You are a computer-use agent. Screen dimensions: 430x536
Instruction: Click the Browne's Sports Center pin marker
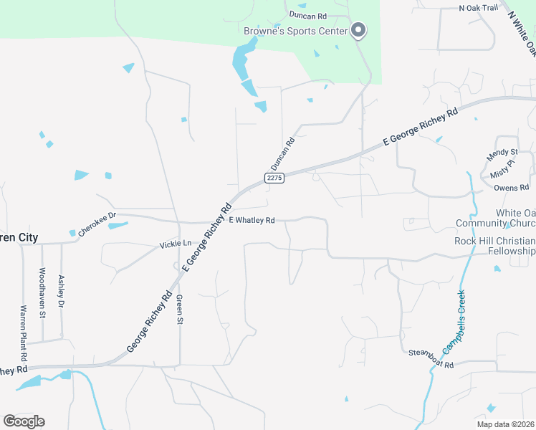[359, 30]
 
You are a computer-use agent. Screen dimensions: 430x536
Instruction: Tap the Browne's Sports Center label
[295, 31]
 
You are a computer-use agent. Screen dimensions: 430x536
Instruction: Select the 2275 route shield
[274, 178]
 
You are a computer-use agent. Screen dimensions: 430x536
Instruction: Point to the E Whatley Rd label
[252, 221]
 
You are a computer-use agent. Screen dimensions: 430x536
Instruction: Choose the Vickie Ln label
[176, 244]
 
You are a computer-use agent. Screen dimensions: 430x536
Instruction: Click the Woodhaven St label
[42, 292]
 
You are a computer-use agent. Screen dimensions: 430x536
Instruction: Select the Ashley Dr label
[62, 292]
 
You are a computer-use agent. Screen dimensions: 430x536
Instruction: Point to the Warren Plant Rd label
[23, 333]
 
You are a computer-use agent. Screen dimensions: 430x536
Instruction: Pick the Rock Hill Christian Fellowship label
[494, 246]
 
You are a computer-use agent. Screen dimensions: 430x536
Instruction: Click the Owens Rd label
[511, 188]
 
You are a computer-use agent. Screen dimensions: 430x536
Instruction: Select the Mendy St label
[502, 153]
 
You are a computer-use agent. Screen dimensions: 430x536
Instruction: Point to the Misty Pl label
[502, 170]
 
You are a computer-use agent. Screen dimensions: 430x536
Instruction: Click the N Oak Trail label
[478, 8]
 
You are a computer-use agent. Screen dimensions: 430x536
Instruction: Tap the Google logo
[24, 421]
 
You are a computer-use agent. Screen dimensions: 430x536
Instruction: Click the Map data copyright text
[505, 424]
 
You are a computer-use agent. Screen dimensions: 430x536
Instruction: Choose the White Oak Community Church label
[496, 218]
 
